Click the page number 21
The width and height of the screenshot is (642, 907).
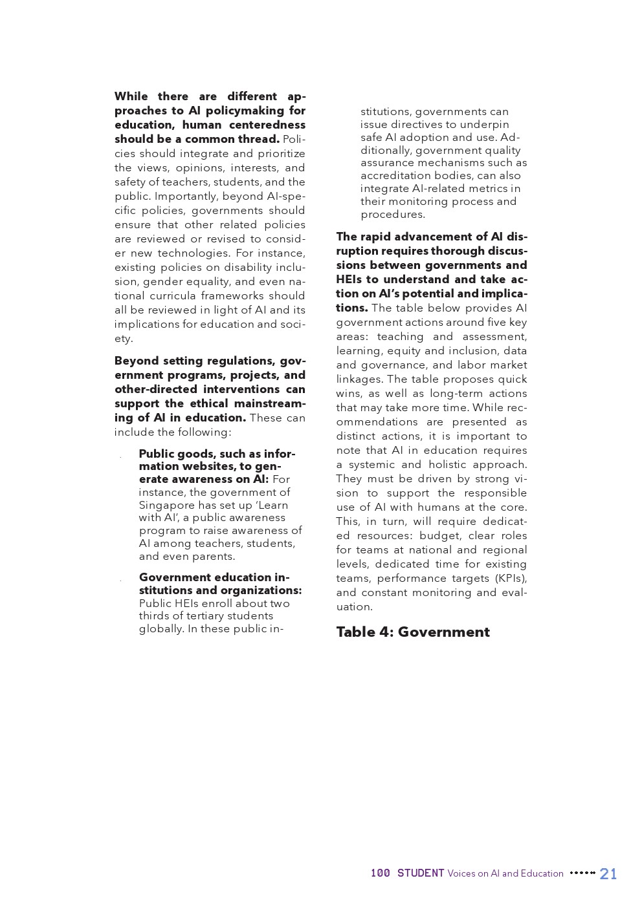coord(608,873)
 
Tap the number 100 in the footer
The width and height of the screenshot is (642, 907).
coord(380,873)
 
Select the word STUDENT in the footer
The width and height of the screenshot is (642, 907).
coord(421,873)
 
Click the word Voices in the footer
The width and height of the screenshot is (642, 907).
coord(461,873)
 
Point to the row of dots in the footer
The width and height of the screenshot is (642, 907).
coord(582,873)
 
